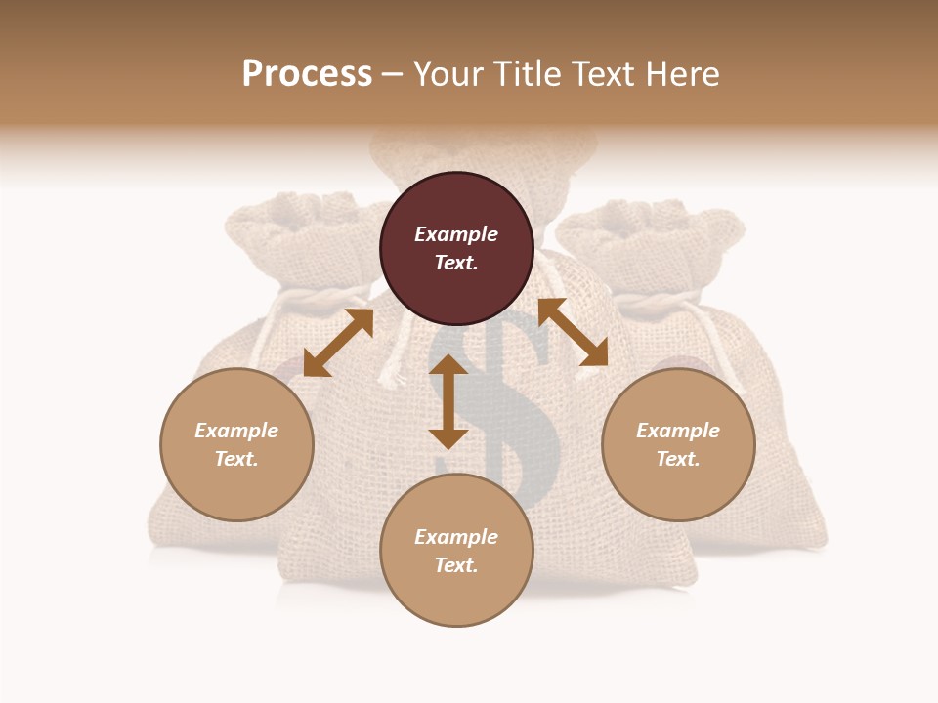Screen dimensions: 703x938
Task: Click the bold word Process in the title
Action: (x=307, y=74)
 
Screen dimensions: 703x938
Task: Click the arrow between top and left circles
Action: (x=338, y=343)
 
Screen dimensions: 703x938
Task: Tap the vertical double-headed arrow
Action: (x=448, y=401)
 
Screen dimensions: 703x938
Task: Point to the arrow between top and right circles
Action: (x=573, y=332)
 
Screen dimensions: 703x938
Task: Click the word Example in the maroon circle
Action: (x=456, y=234)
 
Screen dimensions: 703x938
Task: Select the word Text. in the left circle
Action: (x=236, y=459)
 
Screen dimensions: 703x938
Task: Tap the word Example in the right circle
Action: (x=678, y=431)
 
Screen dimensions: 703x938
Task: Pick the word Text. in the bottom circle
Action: (x=456, y=565)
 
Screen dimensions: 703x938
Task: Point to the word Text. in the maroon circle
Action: (x=456, y=263)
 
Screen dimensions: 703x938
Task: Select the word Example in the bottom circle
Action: (x=456, y=537)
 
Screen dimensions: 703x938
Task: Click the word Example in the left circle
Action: (x=236, y=431)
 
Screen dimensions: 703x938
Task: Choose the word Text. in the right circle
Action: (x=678, y=459)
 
